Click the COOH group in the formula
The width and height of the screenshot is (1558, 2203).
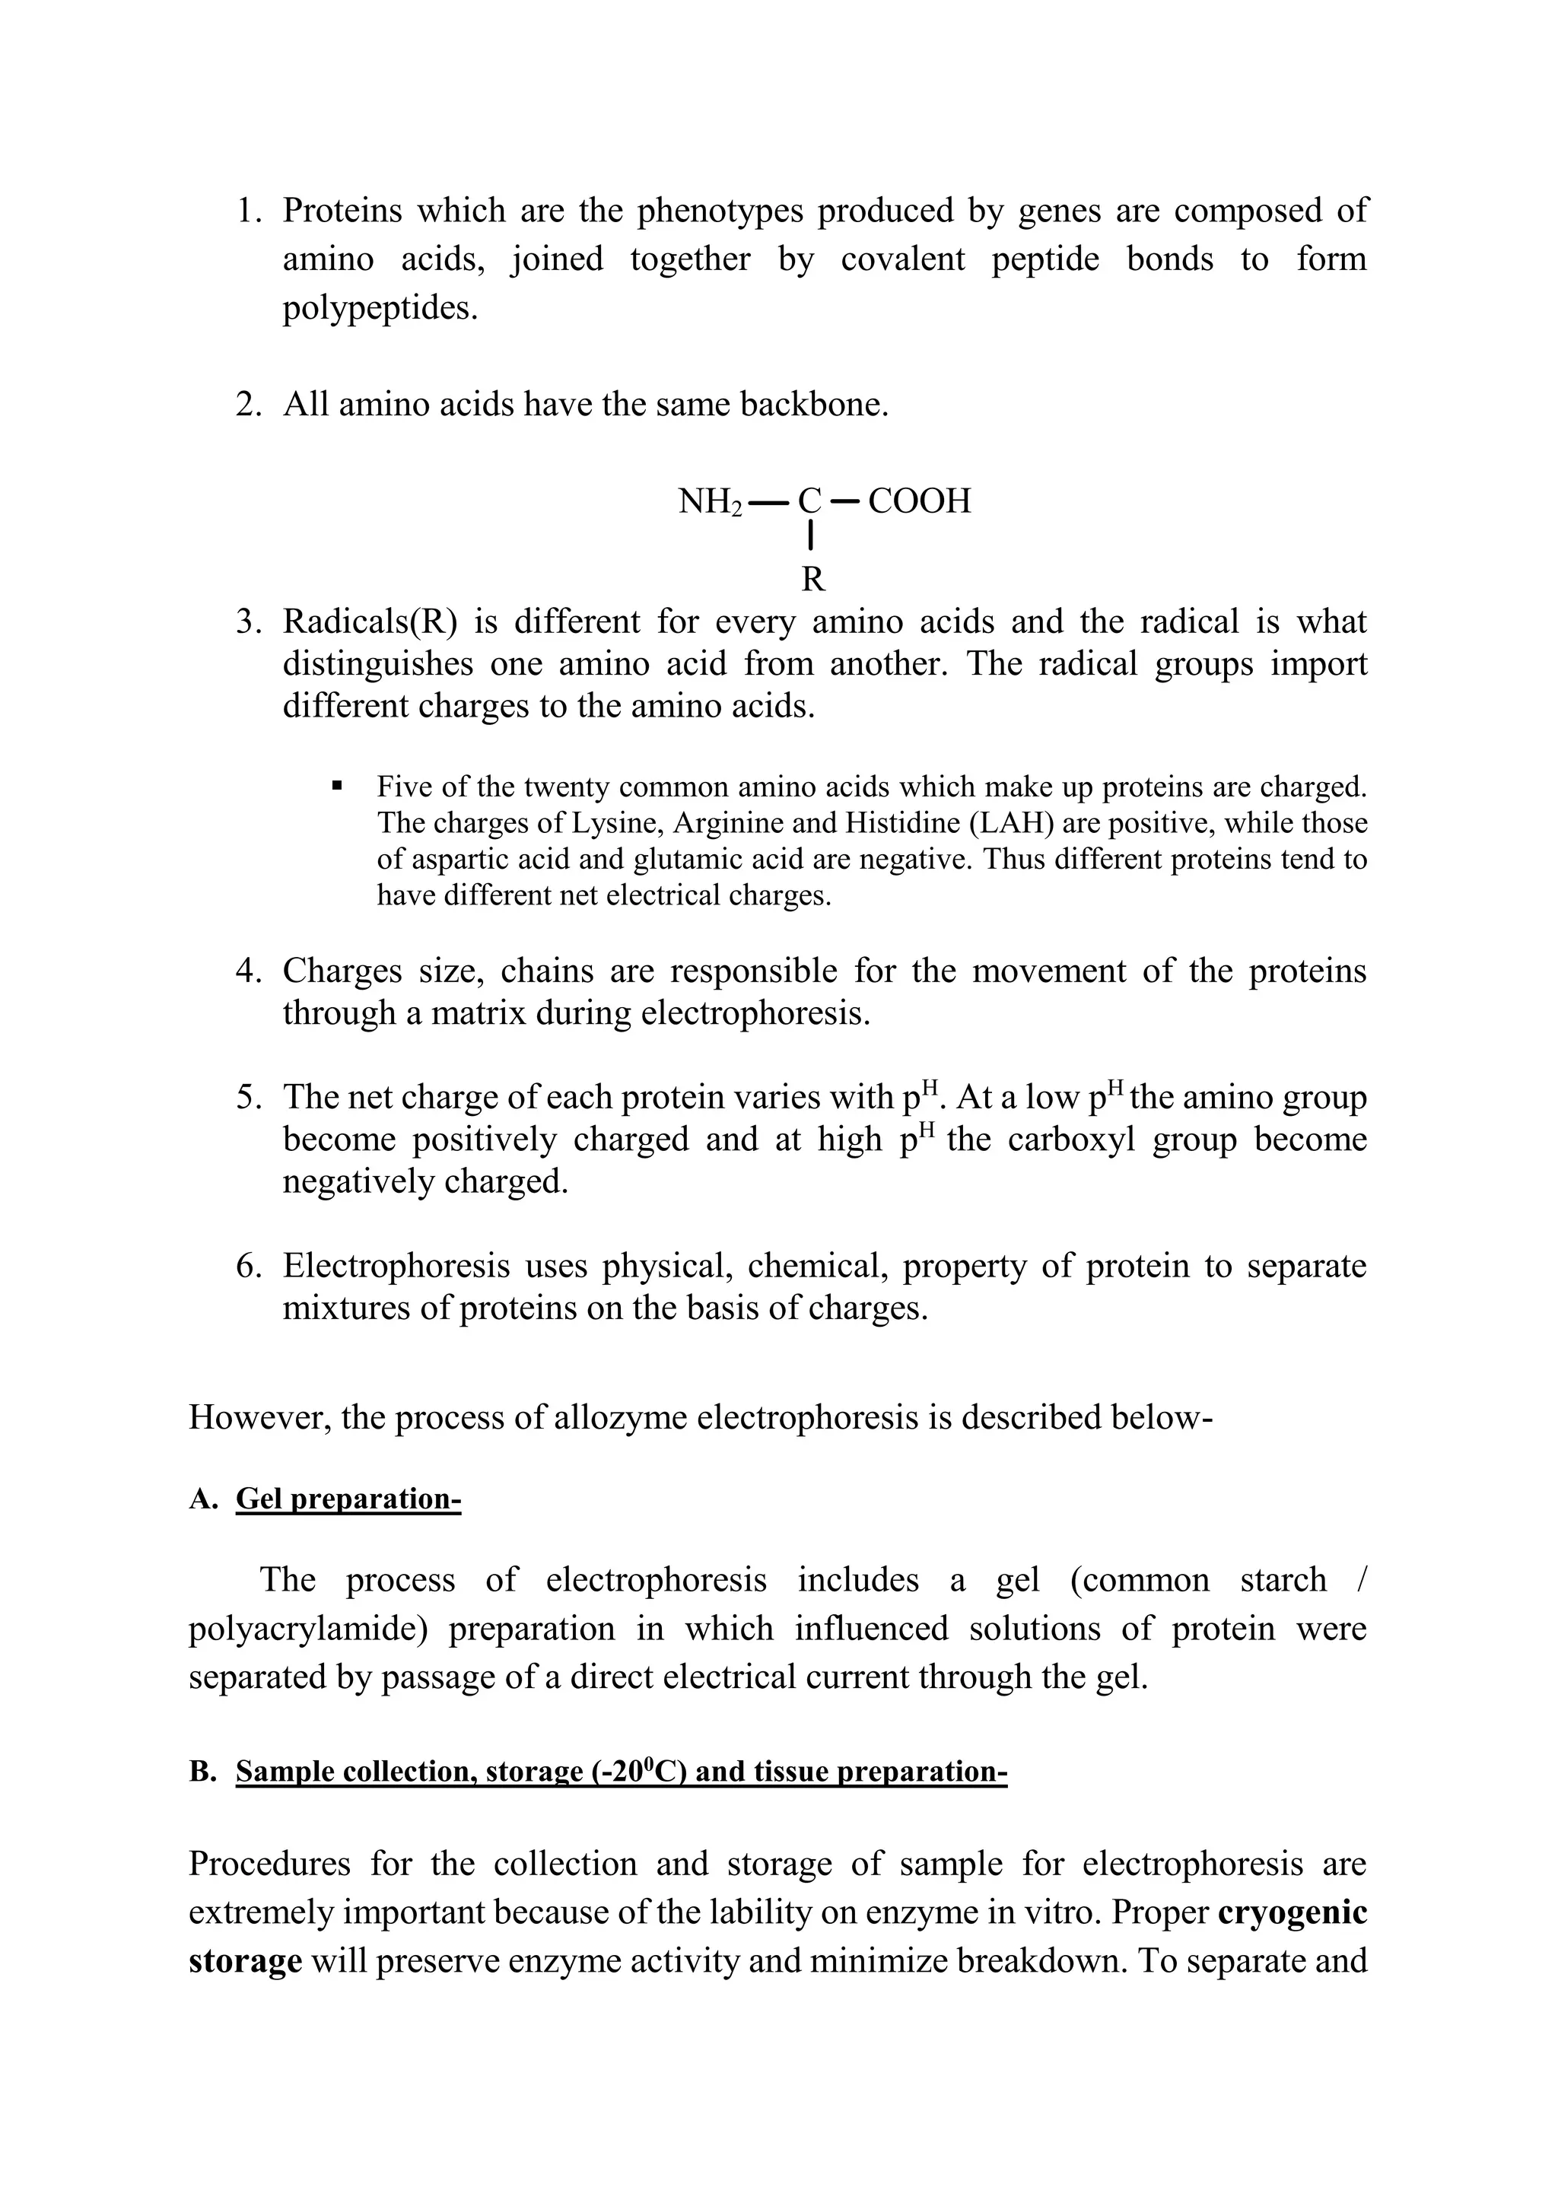coord(919,501)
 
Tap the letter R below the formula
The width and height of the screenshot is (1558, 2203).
coord(812,580)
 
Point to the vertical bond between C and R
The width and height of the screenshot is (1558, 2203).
coord(812,536)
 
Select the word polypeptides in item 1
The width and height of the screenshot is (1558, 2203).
coord(379,308)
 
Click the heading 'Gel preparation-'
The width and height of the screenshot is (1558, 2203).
coord(348,1498)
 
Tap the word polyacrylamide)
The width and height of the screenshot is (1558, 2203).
coord(305,1628)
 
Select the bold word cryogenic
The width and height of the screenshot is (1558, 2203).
coord(1293,1912)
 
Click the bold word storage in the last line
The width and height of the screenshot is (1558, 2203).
coord(245,1960)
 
